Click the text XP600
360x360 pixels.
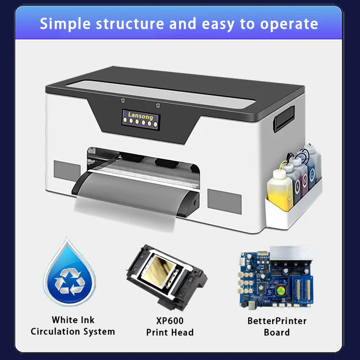[x=169, y=321]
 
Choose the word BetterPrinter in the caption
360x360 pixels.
[x=277, y=321]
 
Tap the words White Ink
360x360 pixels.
[x=73, y=320]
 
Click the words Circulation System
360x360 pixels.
[x=73, y=332]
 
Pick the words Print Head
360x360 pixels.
[x=169, y=332]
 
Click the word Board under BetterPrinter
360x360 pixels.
[x=277, y=332]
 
